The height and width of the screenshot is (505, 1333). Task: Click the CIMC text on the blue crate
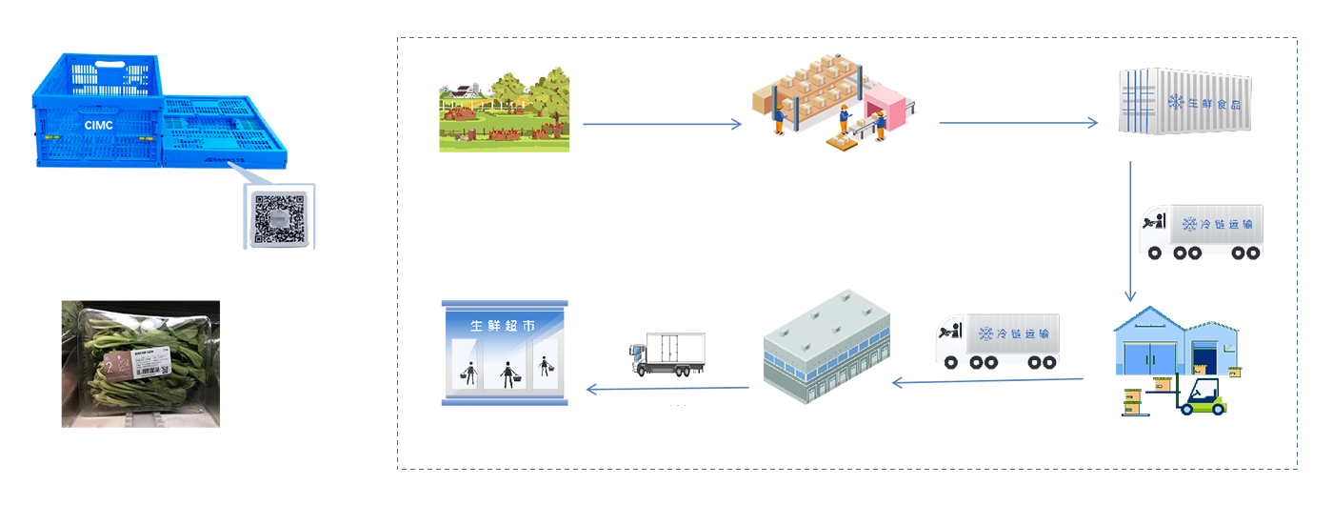(x=97, y=125)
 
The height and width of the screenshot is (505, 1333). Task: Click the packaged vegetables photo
(x=141, y=363)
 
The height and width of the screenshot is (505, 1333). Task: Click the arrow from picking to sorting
(x=662, y=124)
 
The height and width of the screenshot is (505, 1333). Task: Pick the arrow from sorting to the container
(x=1018, y=123)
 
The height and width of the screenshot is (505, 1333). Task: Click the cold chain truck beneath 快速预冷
(x=1202, y=232)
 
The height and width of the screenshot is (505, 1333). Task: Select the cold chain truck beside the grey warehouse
(x=997, y=341)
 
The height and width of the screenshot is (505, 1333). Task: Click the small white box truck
(x=667, y=354)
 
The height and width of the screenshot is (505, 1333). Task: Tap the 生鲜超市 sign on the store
(x=504, y=326)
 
